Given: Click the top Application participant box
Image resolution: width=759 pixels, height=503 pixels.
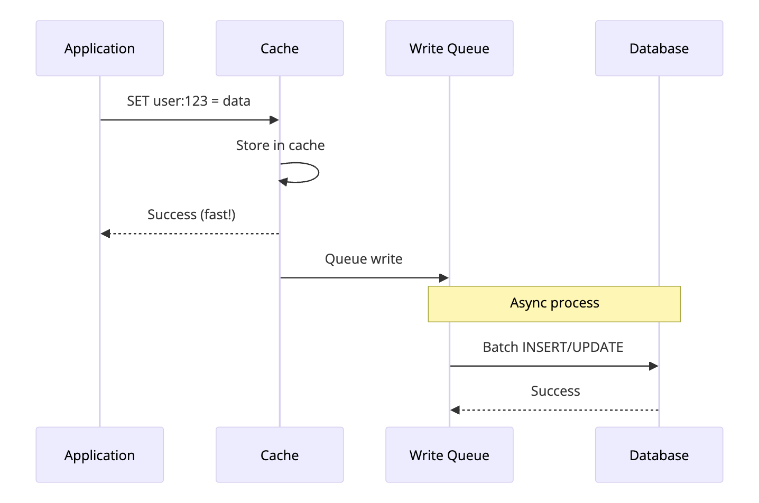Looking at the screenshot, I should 99,48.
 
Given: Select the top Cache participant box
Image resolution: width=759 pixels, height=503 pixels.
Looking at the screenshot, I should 280,48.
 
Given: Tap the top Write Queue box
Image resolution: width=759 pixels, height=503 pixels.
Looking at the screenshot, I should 449,48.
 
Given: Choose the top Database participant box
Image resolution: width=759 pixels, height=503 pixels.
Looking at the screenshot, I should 659,48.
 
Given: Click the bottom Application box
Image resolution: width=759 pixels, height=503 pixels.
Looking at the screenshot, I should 99,455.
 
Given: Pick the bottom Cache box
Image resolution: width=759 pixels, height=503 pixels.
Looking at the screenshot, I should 280,455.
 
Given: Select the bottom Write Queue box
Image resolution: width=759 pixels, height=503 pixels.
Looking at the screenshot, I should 449,455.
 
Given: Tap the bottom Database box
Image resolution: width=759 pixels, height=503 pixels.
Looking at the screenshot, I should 659,455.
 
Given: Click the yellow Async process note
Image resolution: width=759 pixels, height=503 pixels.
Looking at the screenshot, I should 554,304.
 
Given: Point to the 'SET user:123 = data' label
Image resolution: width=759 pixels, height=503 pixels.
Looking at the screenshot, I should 189,101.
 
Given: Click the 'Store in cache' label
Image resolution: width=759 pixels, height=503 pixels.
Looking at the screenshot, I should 280,145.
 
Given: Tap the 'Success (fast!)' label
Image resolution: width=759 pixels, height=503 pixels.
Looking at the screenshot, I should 191,215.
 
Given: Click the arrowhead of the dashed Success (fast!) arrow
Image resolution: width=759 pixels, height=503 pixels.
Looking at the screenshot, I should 105,234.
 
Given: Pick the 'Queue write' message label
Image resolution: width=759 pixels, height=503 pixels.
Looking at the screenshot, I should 364,259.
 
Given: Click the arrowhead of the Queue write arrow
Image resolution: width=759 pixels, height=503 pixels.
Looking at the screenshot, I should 444,278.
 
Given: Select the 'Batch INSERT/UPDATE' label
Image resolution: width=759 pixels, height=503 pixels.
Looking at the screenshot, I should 553,347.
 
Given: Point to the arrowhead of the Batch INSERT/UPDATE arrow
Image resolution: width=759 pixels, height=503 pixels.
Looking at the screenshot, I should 654,366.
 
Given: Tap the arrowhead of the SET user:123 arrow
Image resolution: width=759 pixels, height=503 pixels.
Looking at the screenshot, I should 274,120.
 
